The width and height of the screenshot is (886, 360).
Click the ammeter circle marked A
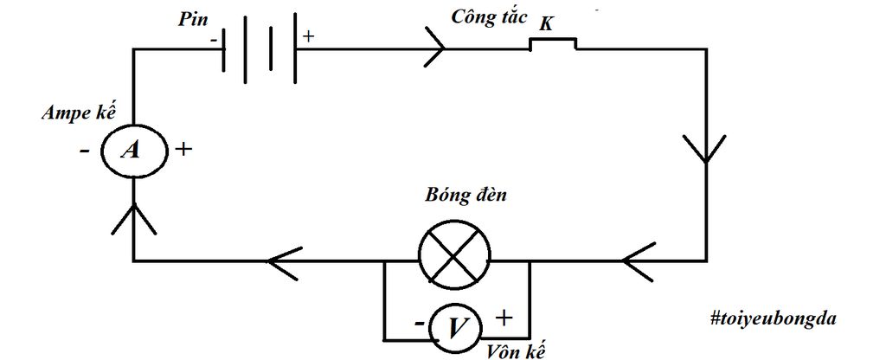132,151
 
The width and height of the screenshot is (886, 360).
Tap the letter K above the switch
546,23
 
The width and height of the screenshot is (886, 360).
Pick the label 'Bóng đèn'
465,196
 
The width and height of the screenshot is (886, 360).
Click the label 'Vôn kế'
510,351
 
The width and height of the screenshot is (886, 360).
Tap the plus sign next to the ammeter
183,149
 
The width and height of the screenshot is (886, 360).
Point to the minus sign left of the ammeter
84,151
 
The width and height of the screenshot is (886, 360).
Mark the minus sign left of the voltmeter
419,325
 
